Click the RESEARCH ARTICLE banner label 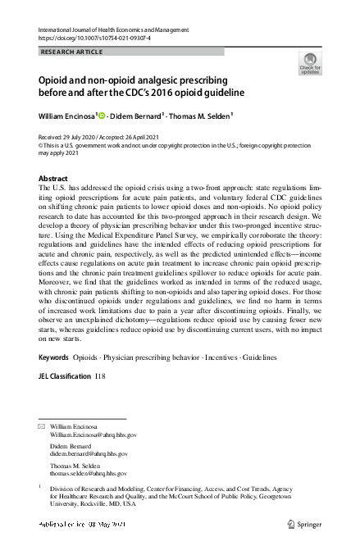click(73, 52)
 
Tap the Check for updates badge click(309, 63)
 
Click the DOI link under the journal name click(92, 38)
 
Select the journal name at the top click(107, 29)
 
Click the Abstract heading click(54, 178)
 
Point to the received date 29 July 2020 click(84, 137)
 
